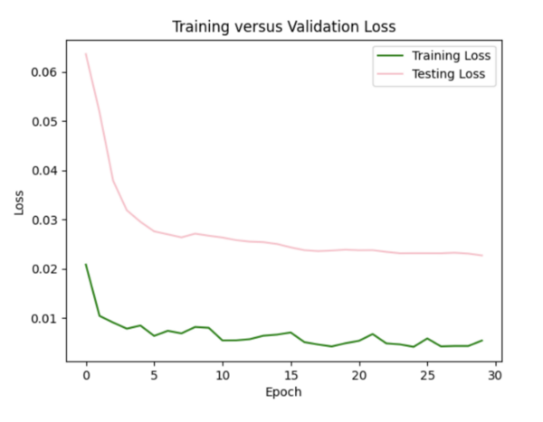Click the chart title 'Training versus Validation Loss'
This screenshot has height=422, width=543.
tap(283, 27)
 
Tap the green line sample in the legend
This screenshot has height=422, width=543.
tap(393, 57)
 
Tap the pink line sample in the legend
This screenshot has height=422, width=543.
tap(393, 74)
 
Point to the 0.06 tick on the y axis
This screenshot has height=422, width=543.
tap(45, 72)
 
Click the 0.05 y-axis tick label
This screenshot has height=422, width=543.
tap(45, 121)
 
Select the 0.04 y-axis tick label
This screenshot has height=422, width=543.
tap(45, 171)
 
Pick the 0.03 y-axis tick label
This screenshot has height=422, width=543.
tap(45, 220)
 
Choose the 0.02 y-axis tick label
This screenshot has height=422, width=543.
tap(45, 269)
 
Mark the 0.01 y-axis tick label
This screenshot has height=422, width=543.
tap(45, 318)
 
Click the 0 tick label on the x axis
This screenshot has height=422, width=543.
tap(86, 374)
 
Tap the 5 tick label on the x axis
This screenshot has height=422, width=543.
tap(154, 374)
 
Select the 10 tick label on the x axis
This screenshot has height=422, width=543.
tap(223, 374)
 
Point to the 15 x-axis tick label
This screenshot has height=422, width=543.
tap(291, 374)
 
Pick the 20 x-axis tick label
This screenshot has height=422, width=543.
tap(359, 374)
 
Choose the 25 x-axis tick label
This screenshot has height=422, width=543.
tap(427, 374)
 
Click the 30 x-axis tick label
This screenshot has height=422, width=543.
tap(496, 374)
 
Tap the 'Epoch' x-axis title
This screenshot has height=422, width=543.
tap(283, 392)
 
